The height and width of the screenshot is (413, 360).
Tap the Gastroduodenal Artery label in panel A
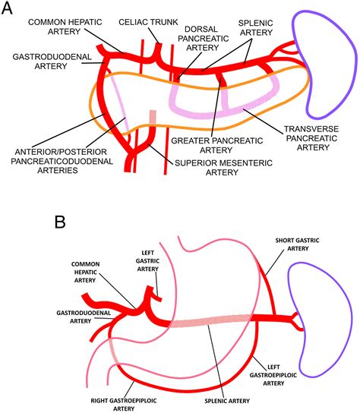coord(38,61)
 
